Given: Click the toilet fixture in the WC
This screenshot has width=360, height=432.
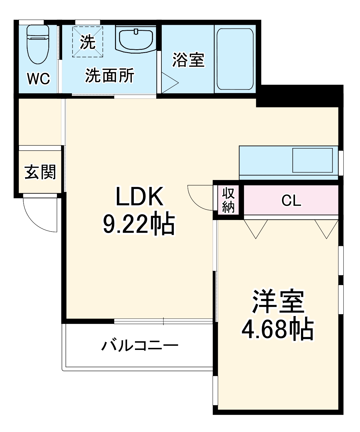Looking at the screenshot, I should (x=38, y=45).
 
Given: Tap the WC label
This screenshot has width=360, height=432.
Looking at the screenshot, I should (x=39, y=78).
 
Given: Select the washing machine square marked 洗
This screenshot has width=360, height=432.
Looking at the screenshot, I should (x=87, y=42).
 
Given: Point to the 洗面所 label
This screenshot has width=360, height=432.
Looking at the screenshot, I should (x=110, y=75).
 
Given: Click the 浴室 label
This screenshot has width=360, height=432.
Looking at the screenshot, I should (x=188, y=60).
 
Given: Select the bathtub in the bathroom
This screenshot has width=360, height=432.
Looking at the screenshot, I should (x=235, y=59).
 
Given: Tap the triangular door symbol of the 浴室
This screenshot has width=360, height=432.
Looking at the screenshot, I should (x=169, y=83).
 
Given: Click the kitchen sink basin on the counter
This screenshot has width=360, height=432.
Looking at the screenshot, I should (x=313, y=160).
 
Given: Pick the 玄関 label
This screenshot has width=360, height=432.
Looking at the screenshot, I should (x=40, y=172).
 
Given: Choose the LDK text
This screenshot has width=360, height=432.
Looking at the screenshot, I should (x=140, y=197).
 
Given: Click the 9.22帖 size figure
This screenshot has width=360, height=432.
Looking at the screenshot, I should (x=139, y=224).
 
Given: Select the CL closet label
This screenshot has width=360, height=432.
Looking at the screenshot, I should (x=291, y=200).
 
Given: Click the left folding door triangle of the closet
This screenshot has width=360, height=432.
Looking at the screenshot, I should (x=256, y=228).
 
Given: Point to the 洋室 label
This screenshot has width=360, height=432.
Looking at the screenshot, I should (x=278, y=302).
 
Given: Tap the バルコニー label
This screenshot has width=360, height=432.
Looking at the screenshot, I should (x=140, y=345).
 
